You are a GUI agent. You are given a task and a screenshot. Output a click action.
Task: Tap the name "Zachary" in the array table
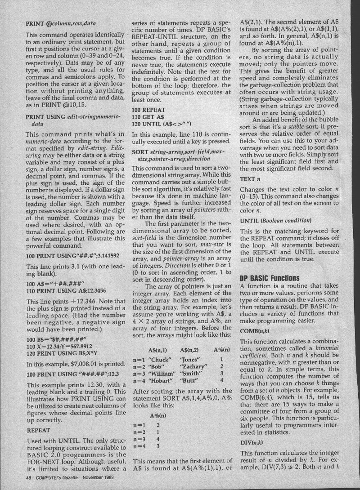193,355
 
